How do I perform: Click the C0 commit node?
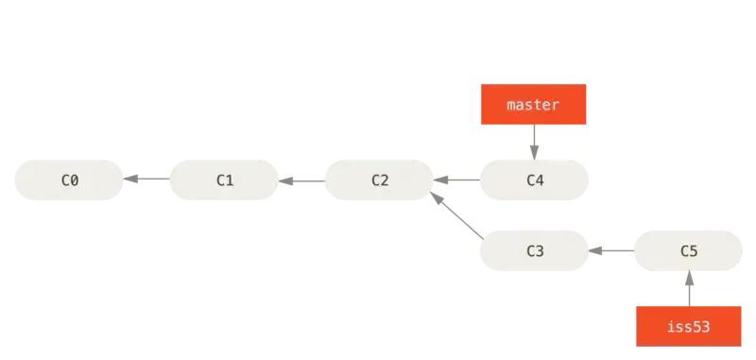pyautogui.click(x=69, y=180)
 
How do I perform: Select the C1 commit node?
pyautogui.click(x=224, y=180)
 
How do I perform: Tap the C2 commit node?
pyautogui.click(x=380, y=180)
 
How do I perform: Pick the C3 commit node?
pyautogui.click(x=534, y=250)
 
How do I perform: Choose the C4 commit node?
pyautogui.click(x=534, y=180)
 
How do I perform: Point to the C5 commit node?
pyautogui.click(x=688, y=250)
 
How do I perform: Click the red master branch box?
pyautogui.click(x=533, y=104)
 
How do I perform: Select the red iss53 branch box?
pyautogui.click(x=689, y=326)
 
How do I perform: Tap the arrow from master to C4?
pyautogui.click(x=534, y=142)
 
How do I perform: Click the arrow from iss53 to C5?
pyautogui.click(x=689, y=288)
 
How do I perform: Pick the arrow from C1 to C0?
pyautogui.click(x=146, y=179)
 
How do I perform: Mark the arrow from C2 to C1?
pyautogui.click(x=301, y=181)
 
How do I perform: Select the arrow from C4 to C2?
pyautogui.click(x=456, y=180)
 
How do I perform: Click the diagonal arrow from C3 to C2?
pyautogui.click(x=456, y=214)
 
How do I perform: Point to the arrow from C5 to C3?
pyautogui.click(x=610, y=250)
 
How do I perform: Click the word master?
pyautogui.click(x=533, y=105)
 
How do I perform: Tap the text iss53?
pyautogui.click(x=689, y=326)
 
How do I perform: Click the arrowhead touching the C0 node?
pyautogui.click(x=130, y=179)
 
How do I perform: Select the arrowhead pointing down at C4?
pyautogui.click(x=534, y=153)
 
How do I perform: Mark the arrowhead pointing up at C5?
pyautogui.click(x=689, y=278)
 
